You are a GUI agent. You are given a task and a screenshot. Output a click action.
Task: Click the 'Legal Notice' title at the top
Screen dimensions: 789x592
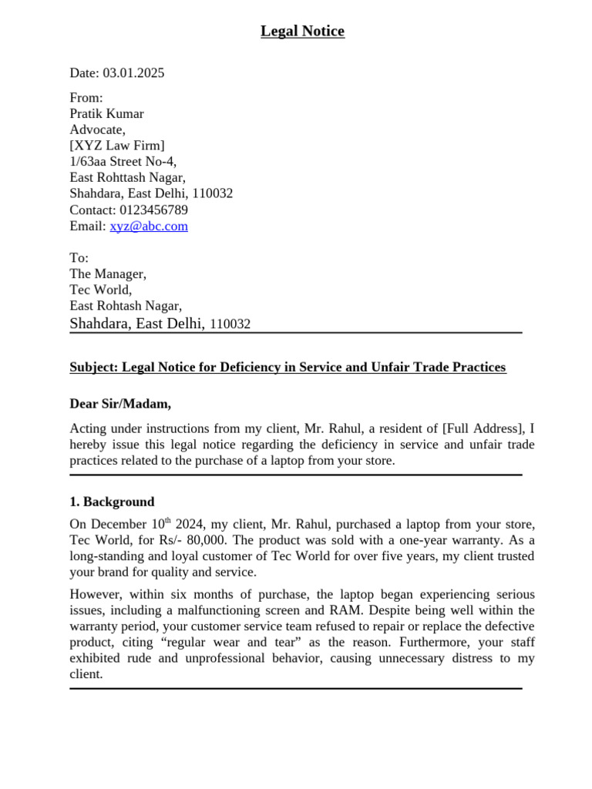click(x=302, y=31)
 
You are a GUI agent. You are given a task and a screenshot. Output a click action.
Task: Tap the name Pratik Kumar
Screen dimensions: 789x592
click(x=106, y=114)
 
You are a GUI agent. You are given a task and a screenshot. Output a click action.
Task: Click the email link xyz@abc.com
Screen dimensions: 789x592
click(x=149, y=227)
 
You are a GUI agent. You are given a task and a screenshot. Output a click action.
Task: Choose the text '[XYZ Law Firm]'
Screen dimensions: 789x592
click(x=117, y=146)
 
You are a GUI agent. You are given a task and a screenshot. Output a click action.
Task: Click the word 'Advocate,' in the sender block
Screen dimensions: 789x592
click(x=97, y=129)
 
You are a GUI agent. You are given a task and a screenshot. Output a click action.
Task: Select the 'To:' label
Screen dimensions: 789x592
click(x=79, y=258)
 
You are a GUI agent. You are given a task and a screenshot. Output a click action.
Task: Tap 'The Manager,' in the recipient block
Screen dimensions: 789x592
click(x=108, y=274)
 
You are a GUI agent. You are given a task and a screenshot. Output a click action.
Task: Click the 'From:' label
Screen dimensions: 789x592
click(x=86, y=98)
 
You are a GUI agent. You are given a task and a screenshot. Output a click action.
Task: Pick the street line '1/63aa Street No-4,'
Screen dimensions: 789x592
click(x=123, y=162)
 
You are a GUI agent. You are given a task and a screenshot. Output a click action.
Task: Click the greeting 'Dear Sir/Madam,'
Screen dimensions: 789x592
click(x=120, y=404)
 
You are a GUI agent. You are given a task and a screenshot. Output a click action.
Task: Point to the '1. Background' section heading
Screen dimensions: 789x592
click(x=112, y=502)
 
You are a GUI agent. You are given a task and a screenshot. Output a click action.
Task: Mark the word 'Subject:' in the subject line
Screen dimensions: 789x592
click(x=94, y=368)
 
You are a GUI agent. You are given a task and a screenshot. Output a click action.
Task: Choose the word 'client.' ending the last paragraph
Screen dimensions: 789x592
click(x=86, y=674)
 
